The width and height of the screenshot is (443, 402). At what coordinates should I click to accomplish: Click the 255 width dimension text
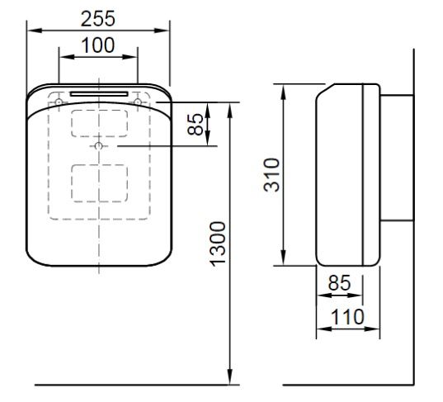[x=99, y=17]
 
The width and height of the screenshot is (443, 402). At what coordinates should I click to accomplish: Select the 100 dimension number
[x=99, y=45]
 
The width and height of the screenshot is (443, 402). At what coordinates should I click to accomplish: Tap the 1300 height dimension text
[x=217, y=244]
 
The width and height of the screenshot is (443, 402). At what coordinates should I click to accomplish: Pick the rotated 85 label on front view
[x=196, y=125]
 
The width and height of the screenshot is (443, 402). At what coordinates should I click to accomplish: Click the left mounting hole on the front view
[x=60, y=102]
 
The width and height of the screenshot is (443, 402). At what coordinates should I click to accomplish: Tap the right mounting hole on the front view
[x=138, y=102]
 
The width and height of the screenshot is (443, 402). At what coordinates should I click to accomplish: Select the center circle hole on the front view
[x=99, y=146]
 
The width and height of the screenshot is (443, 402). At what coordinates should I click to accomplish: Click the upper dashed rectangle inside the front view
[x=99, y=122]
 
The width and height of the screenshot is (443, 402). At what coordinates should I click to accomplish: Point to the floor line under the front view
[x=132, y=385]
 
